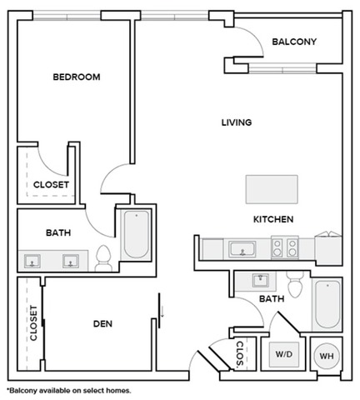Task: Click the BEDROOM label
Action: tap(76, 77)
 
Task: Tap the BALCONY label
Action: tap(294, 42)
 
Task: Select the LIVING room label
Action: tap(236, 122)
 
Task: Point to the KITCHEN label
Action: tap(272, 219)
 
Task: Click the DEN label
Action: tap(102, 323)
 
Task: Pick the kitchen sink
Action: tap(242, 247)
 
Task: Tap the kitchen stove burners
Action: tap(284, 247)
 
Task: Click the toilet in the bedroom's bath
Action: tap(104, 259)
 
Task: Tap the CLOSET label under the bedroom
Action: tap(51, 185)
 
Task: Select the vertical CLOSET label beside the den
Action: tap(34, 323)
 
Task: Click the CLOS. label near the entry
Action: tap(239, 353)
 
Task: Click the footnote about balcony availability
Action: tap(68, 389)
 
